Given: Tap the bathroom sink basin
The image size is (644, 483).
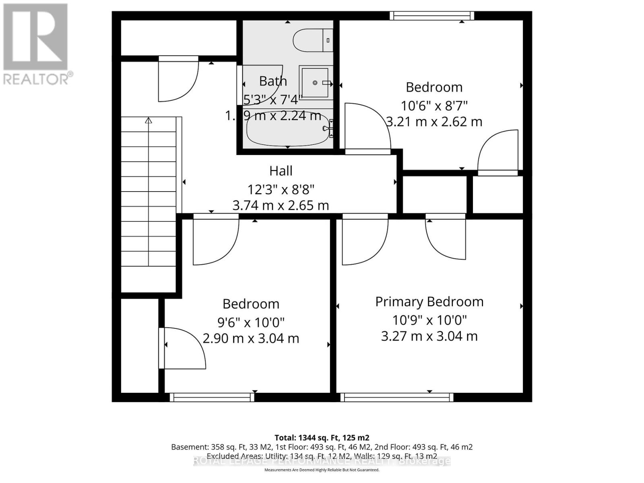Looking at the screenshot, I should pos(315,83).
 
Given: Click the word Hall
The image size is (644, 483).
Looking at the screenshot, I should pos(281,171).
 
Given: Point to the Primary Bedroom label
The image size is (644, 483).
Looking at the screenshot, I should pos(429,301).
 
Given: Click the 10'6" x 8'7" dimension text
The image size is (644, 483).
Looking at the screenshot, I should pos(434,106).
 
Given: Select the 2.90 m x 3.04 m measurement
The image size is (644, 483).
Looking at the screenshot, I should pos(251,339).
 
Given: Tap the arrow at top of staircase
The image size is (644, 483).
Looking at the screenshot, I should pos(149,120).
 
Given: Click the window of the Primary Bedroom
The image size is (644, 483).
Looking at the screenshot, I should pos(396,397).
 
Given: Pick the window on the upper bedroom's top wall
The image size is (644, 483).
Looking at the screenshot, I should pos(431,16).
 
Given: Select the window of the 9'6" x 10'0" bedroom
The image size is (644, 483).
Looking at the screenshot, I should pos(212,397).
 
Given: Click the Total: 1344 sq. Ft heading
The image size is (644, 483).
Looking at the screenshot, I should pos(322,438).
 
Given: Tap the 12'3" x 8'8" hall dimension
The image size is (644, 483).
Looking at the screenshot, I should pos(281,189).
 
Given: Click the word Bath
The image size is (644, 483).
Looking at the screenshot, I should pos(273,81).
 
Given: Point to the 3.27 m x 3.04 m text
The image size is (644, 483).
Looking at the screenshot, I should pos(429,336).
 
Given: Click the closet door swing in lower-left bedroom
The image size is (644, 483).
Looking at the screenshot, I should pos(183,349).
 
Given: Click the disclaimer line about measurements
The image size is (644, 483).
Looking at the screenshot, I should pos(322,470).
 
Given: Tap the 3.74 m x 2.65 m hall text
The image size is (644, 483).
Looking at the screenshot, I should pos(281,206).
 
